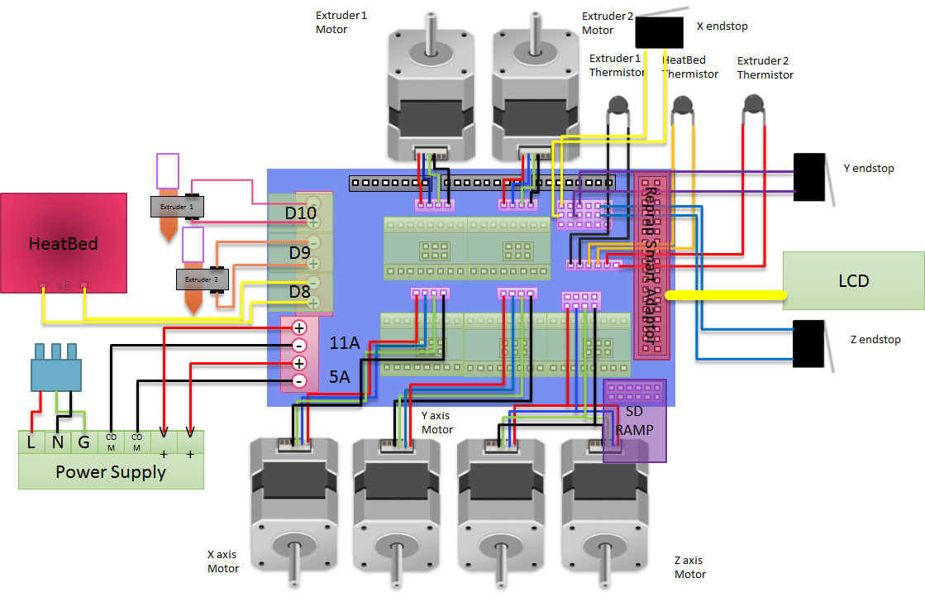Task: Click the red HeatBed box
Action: point(64,242)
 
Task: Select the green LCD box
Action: point(853,281)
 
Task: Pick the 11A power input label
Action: point(345,343)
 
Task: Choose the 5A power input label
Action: point(340,377)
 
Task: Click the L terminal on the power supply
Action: point(31,442)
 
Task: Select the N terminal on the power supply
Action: point(57,442)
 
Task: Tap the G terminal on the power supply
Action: point(83,442)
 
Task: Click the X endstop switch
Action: point(659,32)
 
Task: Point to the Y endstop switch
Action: point(809,177)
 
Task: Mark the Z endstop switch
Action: point(809,343)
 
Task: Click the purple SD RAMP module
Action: point(635,420)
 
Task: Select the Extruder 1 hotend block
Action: point(177,206)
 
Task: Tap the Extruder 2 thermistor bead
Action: point(751,103)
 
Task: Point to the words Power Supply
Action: point(111,472)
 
